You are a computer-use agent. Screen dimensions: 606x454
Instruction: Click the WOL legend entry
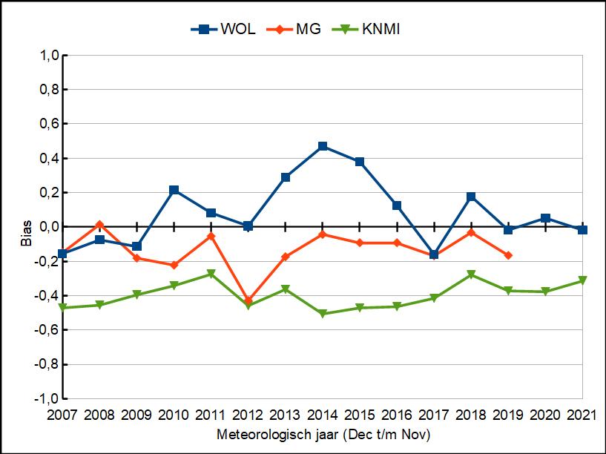223,29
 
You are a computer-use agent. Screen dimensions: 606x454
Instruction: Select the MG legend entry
294,29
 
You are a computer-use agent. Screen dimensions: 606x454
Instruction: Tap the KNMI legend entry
366,29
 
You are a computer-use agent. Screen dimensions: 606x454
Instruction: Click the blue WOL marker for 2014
323,146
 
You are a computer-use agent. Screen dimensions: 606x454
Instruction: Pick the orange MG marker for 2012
248,300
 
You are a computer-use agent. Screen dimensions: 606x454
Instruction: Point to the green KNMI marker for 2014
323,313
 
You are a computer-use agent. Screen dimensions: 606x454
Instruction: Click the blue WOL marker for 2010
174,190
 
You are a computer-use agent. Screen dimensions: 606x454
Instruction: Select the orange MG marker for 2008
99,225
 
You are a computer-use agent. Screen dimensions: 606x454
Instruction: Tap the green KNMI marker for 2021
582,280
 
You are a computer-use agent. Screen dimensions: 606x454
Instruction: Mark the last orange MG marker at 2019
508,255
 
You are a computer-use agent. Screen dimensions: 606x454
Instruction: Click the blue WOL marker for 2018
471,197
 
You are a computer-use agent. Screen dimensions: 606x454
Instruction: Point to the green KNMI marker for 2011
211,274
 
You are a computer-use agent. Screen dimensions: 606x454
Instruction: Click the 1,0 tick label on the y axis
49,55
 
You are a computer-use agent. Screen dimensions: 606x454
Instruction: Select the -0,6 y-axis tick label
47,329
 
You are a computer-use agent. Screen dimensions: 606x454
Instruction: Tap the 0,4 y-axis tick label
49,158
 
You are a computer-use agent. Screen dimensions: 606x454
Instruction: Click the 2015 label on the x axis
360,415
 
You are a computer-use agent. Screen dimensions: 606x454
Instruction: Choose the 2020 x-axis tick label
545,415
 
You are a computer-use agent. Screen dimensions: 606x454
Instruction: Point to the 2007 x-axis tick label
62,415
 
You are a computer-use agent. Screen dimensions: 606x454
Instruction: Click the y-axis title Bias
26,234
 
